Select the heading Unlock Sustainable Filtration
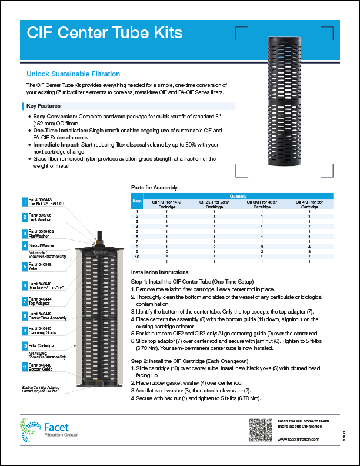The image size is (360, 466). pyautogui.click(x=74, y=74)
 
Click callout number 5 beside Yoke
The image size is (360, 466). pyautogui.click(x=25, y=266)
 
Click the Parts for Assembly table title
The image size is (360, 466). pyautogui.click(x=154, y=188)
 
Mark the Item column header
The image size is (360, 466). pyautogui.click(x=137, y=201)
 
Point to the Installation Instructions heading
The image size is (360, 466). pyautogui.click(x=160, y=272)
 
